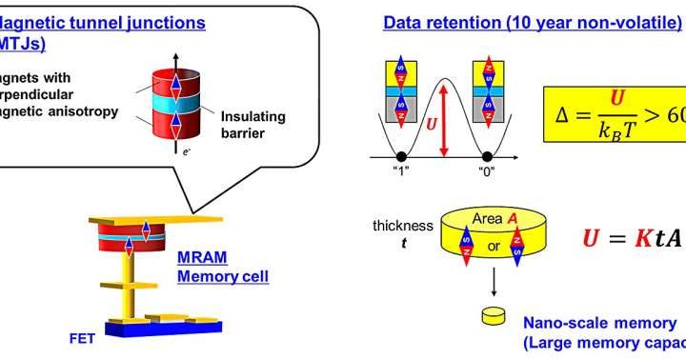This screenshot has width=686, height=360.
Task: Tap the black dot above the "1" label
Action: [400, 156]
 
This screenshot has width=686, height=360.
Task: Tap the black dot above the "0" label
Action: [487, 156]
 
